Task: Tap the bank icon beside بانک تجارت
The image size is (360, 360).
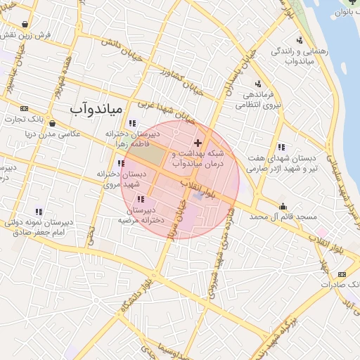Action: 25,108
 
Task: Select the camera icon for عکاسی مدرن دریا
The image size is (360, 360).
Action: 52,122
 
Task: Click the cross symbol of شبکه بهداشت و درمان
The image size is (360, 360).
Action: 197,143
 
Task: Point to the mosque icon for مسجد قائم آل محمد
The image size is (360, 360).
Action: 283,206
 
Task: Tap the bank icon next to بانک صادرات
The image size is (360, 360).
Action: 342,274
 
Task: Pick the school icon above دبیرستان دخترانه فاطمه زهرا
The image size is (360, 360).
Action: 132,123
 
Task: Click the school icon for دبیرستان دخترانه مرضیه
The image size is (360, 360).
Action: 141,199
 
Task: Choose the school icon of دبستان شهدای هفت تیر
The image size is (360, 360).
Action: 281,147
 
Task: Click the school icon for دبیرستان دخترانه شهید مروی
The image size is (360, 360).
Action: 121,163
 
